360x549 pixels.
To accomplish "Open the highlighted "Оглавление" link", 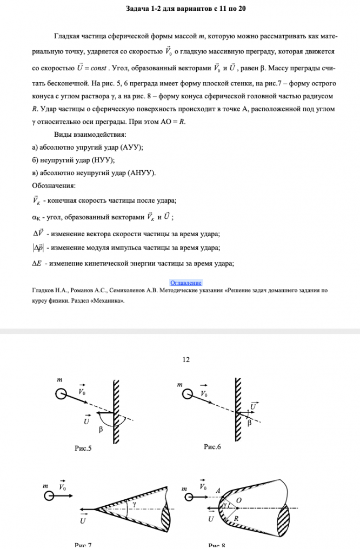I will click(x=185, y=283).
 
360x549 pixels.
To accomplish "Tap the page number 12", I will click(x=186, y=359).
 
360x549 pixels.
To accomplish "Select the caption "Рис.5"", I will click(x=83, y=448).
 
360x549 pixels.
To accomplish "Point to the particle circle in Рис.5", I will click(x=61, y=394).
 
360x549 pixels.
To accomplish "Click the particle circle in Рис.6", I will click(x=187, y=395).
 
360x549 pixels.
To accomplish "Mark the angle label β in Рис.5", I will click(x=101, y=430).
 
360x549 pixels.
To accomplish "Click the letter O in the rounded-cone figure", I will click(x=238, y=501).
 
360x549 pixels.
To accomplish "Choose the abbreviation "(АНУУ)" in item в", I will click(x=141, y=172).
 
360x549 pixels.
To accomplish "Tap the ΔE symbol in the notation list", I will click(x=37, y=263).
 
